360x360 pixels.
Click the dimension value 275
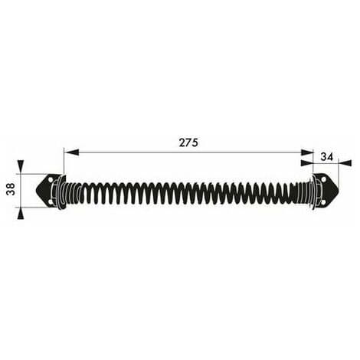pyautogui.click(x=188, y=142)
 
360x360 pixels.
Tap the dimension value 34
pyautogui.click(x=327, y=156)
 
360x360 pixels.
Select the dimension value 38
pyautogui.click(x=11, y=189)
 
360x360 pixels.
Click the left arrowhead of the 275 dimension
pyautogui.click(x=71, y=152)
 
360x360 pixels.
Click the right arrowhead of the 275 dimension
pyautogui.click(x=306, y=152)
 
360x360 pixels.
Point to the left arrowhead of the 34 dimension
pyautogui.click(x=307, y=163)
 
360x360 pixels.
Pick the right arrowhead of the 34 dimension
pyautogui.click(x=345, y=163)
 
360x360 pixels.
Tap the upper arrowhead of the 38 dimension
pyautogui.click(x=21, y=167)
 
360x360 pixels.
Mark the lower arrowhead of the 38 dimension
pyautogui.click(x=21, y=213)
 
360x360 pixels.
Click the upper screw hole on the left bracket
pyautogui.click(x=51, y=180)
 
